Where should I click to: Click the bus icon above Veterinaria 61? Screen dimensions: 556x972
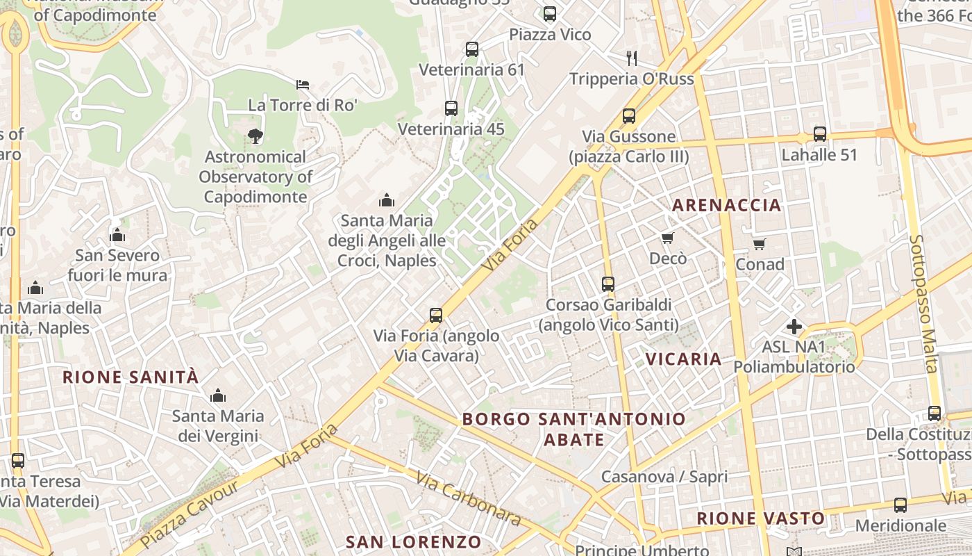pos(472,49)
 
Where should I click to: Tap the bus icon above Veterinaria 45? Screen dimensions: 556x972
pos(451,108)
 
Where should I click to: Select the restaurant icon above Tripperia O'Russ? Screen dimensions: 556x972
pos(631,58)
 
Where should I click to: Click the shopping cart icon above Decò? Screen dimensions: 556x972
pos(668,238)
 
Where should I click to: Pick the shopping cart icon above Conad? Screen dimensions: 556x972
pos(760,244)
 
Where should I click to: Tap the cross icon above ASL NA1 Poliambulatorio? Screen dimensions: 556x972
pos(794,326)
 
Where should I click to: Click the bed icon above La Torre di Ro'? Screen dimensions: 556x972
pos(303,85)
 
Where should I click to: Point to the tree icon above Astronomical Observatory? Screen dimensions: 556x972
pos(255,136)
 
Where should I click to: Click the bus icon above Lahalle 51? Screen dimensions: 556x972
pos(820,134)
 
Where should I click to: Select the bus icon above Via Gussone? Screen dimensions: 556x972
pos(629,116)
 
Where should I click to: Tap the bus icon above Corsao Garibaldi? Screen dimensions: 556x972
pos(608,284)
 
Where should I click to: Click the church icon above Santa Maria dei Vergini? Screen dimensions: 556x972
pos(218,395)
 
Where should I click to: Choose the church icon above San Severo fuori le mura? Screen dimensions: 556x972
pos(117,235)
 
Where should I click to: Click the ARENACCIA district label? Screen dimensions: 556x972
pos(727,205)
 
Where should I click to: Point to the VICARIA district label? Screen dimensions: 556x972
pos(684,359)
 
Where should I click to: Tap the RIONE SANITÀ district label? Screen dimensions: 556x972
pos(131,377)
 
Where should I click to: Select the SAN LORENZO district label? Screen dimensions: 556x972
pos(413,542)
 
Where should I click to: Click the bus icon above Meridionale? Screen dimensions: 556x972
pos(900,505)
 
